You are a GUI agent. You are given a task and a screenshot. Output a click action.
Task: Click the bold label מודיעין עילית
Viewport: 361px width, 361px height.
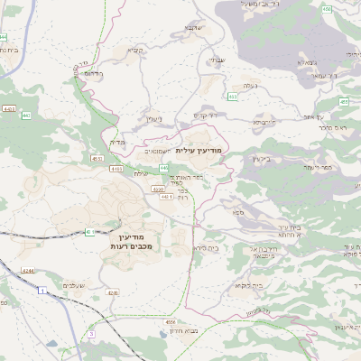click(x=203, y=149)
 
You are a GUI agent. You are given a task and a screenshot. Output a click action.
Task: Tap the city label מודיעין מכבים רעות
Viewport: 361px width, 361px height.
click(x=132, y=240)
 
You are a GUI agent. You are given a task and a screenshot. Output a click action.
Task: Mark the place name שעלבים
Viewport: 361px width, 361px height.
click(x=74, y=285)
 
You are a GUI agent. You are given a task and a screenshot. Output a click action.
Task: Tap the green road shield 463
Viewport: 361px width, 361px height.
click(x=233, y=95)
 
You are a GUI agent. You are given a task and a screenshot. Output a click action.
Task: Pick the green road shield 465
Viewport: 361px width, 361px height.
click(x=344, y=102)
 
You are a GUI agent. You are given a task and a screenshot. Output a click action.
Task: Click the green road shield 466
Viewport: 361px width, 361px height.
click(x=327, y=8)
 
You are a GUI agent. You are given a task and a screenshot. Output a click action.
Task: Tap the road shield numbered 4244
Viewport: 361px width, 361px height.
click(x=28, y=271)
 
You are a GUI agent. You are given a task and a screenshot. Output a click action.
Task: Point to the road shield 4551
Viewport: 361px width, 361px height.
click(x=97, y=158)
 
